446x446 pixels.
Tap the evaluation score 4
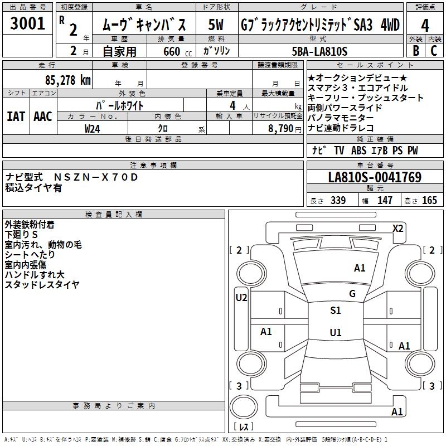click(425, 26)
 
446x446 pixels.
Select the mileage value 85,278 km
click(67, 80)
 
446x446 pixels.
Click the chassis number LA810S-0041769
click(375, 178)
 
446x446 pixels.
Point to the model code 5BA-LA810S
click(319, 51)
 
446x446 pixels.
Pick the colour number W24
click(92, 129)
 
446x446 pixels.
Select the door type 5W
click(216, 26)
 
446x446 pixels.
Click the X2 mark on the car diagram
click(398, 229)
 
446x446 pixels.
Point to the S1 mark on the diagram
click(336, 311)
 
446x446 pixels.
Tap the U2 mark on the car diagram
click(241, 298)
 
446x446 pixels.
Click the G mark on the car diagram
click(352, 294)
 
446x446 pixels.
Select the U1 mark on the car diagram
click(336, 333)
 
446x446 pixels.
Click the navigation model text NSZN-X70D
click(95, 177)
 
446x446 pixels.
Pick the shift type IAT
click(16, 116)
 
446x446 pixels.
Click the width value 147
click(385, 201)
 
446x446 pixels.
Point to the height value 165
click(429, 201)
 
